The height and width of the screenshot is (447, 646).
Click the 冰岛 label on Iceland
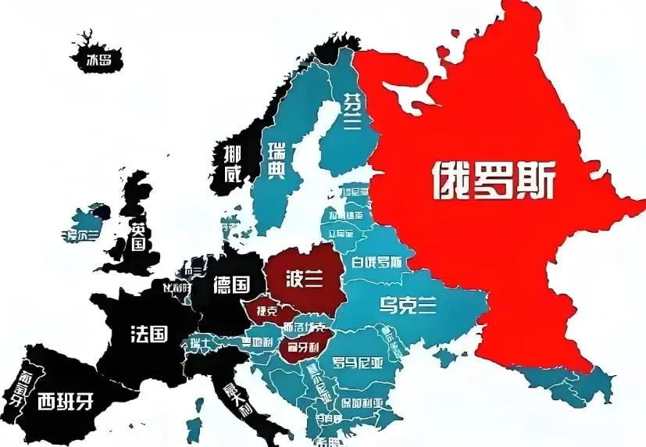[98, 59]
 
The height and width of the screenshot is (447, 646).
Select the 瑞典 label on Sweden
[276, 160]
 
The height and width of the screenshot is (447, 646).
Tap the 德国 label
[231, 284]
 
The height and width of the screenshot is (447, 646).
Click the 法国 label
[148, 334]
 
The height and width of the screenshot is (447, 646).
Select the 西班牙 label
[65, 402]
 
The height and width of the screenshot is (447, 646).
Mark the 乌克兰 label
[407, 305]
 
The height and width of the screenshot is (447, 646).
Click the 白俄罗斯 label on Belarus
[377, 262]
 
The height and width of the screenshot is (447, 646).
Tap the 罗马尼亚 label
[359, 361]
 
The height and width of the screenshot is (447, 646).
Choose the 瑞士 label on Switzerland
[198, 343]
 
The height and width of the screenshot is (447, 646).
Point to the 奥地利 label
[257, 341]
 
